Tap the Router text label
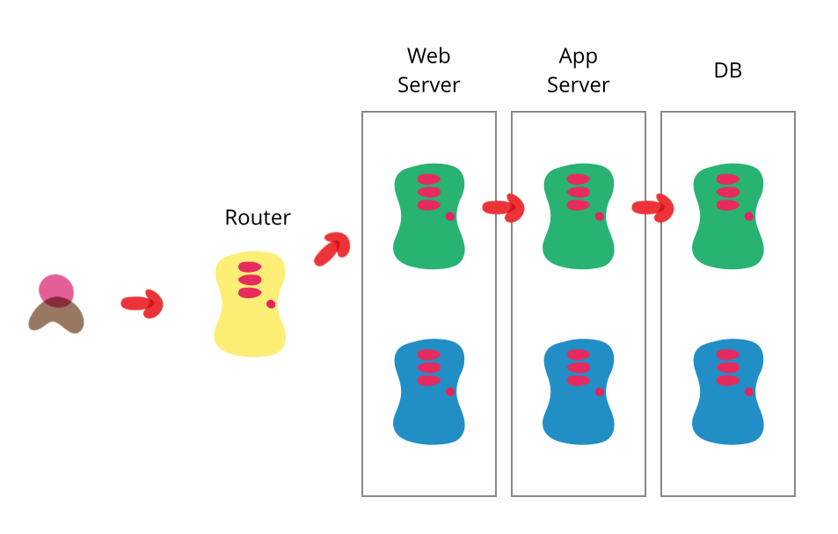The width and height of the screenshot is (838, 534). (258, 217)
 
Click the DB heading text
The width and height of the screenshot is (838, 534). (727, 70)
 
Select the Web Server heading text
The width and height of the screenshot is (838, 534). (428, 70)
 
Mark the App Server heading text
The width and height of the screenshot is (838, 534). (578, 70)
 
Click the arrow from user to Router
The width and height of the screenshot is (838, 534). (142, 304)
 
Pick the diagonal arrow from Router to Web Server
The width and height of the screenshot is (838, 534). (332, 249)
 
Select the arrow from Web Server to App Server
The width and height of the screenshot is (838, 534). (504, 208)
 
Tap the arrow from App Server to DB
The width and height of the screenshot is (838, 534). (653, 208)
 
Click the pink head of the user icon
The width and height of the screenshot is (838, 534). (56, 289)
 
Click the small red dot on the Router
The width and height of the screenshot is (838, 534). (271, 304)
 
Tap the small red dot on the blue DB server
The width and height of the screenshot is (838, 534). (749, 391)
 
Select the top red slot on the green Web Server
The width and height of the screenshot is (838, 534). (429, 179)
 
